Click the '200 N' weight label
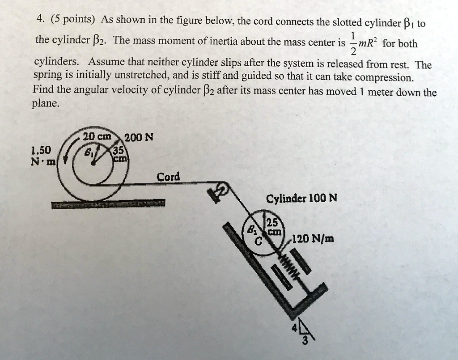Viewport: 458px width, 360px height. click(139, 138)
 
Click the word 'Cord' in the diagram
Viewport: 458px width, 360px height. click(168, 177)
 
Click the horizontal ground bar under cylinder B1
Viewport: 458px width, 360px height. click(108, 204)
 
